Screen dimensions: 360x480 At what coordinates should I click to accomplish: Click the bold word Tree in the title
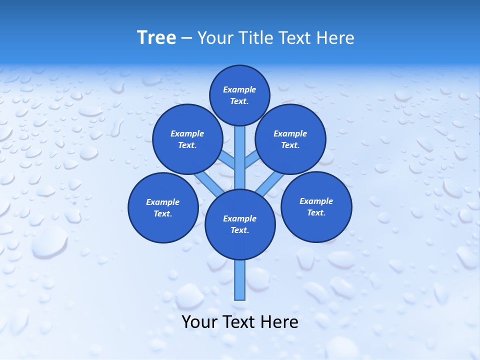tap(156, 37)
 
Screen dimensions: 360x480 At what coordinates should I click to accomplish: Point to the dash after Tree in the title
tap(186, 38)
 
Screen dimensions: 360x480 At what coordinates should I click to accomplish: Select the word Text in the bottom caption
tap(239, 322)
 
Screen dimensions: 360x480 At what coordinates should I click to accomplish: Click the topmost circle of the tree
tap(239, 95)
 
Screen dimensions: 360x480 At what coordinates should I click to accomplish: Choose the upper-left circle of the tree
tap(187, 139)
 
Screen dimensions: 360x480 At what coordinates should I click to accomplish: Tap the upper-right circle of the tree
tap(290, 139)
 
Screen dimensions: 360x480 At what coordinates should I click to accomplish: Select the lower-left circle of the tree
tap(163, 207)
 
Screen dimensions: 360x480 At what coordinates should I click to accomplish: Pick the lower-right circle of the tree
tap(316, 206)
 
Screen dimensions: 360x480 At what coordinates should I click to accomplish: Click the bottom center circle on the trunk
tap(240, 224)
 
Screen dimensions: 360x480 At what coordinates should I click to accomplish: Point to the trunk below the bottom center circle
tap(240, 280)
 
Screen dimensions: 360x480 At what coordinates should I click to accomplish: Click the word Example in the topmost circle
tap(239, 89)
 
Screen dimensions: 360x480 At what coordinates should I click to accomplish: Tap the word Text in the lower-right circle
tap(316, 212)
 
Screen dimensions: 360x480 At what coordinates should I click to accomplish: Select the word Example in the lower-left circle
tap(163, 202)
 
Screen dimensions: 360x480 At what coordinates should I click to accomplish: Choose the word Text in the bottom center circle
tap(239, 230)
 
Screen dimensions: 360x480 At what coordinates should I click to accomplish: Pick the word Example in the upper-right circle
tap(290, 133)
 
